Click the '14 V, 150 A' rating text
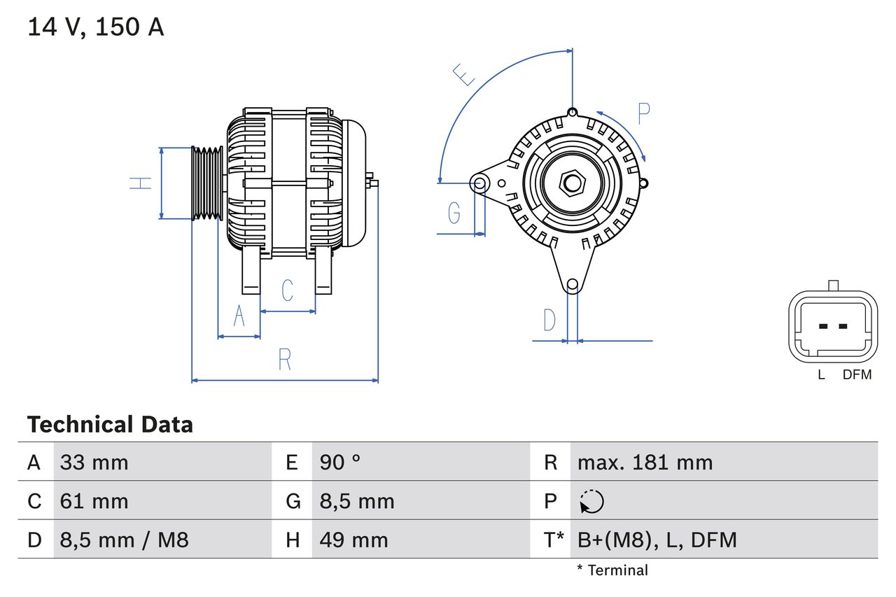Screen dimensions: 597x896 click(95, 27)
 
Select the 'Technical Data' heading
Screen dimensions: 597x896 click(110, 424)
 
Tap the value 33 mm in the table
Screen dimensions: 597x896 click(94, 462)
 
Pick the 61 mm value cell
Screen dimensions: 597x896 click(94, 501)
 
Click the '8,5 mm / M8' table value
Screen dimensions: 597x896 click(124, 540)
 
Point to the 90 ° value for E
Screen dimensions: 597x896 click(340, 462)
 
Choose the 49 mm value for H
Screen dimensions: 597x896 click(353, 540)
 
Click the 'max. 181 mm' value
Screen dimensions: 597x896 click(645, 462)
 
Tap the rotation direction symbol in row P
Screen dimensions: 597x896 click(591, 501)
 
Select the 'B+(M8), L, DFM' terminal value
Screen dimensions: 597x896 click(657, 540)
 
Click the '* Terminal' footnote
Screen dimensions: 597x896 click(612, 570)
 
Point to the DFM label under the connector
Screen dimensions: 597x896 click(857, 374)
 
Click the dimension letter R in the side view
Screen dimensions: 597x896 click(284, 360)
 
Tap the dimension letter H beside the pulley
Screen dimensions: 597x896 click(141, 183)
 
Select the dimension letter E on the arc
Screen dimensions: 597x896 click(463, 74)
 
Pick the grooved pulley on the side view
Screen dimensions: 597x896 click(207, 183)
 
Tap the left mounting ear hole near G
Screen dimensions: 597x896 click(479, 184)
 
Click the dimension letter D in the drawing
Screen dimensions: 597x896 click(549, 321)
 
